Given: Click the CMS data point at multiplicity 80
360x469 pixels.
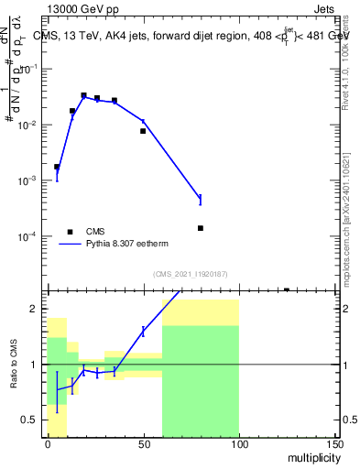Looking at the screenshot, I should coord(201,228).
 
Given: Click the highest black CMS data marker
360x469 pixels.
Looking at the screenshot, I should coord(83,95).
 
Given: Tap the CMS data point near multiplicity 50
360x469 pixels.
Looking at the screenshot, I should coord(143,131).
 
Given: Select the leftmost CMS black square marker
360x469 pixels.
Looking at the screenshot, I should coord(57,167).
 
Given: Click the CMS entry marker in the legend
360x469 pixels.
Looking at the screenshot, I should coord(69,232).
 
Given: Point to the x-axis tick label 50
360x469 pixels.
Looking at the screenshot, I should coord(143,443).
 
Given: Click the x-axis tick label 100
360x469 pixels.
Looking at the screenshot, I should coord(239,443).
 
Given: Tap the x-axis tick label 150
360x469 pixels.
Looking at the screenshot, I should coord(334,443).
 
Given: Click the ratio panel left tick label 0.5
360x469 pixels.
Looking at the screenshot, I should coord(32,420).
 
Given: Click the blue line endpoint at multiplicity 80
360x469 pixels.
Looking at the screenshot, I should coord(201,198).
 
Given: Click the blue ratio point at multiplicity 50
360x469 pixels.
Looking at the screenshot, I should coord(143,331).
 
